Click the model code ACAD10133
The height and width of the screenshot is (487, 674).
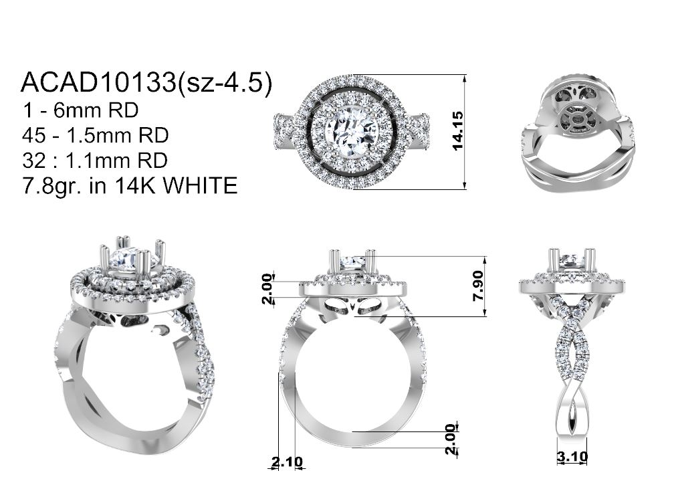click(98, 82)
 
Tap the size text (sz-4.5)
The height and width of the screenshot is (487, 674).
click(225, 82)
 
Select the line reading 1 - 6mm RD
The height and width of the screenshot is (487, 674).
click(80, 110)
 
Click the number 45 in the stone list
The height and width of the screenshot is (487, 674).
click(34, 136)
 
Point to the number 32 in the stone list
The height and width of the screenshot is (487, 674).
click(34, 161)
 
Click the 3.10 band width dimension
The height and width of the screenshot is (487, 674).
click(572, 456)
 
